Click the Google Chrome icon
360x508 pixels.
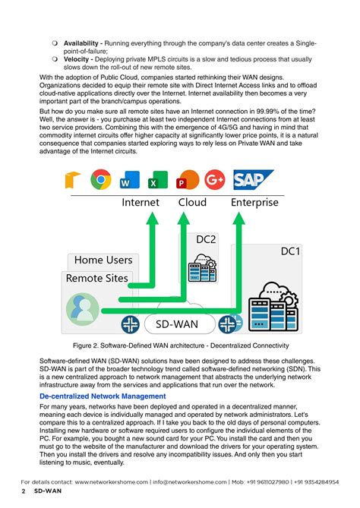coord(101,180)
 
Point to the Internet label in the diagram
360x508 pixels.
coord(141,203)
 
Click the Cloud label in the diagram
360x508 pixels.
coord(192,203)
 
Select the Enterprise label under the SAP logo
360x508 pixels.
coord(254,203)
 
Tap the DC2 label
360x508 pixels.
coord(207,239)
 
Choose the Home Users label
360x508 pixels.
coord(103,260)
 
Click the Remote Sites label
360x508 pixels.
coord(97,278)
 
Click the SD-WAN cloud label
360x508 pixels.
coord(178,324)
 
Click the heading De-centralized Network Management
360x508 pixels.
coord(102,396)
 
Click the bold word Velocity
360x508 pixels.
coord(79,59)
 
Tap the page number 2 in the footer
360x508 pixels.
coord(24,493)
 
